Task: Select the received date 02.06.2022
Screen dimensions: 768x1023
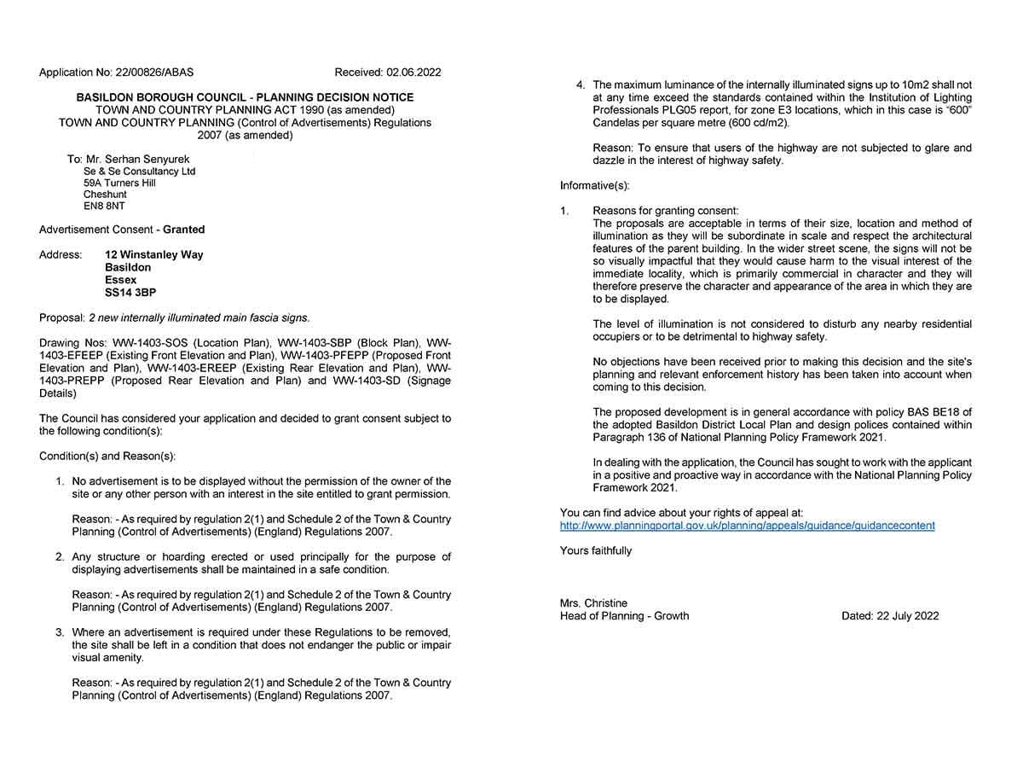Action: [413, 73]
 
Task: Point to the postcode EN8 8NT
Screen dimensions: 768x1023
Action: [104, 207]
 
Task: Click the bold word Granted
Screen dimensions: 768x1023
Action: [184, 230]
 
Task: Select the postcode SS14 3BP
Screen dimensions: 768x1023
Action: [130, 293]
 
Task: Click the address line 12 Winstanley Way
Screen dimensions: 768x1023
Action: [154, 255]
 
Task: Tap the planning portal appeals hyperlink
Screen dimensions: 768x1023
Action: [747, 526]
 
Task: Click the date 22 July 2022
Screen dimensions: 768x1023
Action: [906, 616]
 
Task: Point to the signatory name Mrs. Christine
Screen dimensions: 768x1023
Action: [593, 603]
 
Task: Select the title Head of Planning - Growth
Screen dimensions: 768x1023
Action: [624, 616]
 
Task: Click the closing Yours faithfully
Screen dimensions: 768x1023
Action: [596, 551]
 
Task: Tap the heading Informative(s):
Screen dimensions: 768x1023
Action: [595, 186]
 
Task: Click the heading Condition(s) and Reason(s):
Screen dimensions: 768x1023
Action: [107, 457]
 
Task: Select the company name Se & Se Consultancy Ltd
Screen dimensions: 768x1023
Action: [139, 172]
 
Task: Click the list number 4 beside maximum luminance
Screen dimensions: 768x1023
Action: [581, 85]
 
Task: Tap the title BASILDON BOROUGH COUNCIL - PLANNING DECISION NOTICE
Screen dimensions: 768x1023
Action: [245, 98]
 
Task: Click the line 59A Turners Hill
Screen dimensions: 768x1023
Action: [119, 183]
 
